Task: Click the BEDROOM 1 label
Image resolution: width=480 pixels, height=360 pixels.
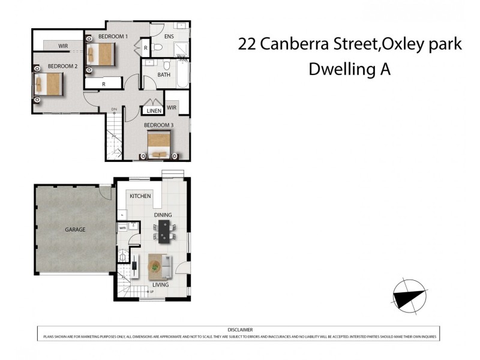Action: (x=113, y=37)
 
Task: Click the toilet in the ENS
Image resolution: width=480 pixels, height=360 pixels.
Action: (x=157, y=46)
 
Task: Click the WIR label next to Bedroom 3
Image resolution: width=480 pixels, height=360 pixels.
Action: (x=172, y=107)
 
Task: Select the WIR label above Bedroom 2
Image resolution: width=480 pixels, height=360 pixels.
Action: (x=63, y=46)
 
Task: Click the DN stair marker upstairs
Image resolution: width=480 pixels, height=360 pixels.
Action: (x=114, y=109)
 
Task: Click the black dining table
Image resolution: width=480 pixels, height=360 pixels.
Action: (x=165, y=230)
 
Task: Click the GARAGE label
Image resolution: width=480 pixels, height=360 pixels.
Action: (x=75, y=229)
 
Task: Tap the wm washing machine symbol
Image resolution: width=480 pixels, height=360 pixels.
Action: (x=122, y=228)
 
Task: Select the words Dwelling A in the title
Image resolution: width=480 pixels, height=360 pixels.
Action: (x=349, y=70)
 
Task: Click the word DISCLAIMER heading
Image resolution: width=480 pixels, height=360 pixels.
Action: (x=240, y=330)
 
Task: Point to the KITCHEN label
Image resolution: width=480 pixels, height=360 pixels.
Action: (x=140, y=196)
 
